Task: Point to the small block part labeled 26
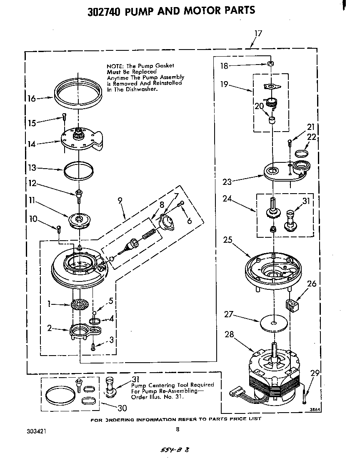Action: pyautogui.click(x=293, y=305)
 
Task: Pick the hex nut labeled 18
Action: pyautogui.click(x=270, y=64)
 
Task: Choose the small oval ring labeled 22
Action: pyautogui.click(x=301, y=153)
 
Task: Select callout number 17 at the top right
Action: pyautogui.click(x=258, y=34)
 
